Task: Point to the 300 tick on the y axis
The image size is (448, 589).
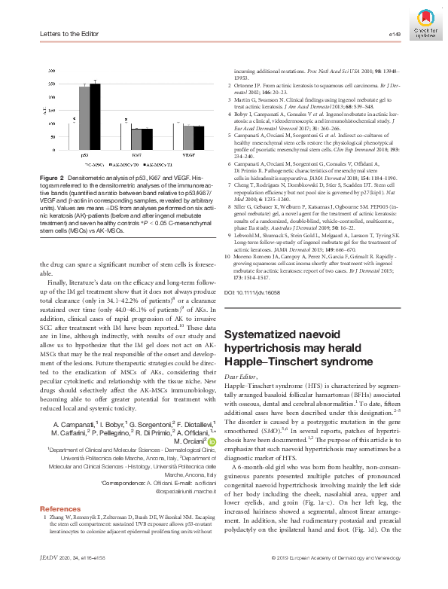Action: coord(50,70)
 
